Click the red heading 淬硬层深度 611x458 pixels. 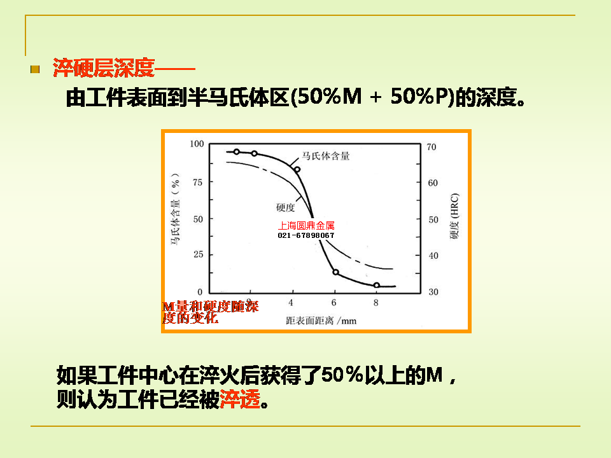(x=104, y=68)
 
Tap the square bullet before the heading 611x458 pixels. (x=35, y=69)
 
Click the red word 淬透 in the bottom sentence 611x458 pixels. (x=240, y=399)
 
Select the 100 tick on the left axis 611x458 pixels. (x=197, y=144)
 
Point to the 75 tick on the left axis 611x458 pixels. (x=197, y=183)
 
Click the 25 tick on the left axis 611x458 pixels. (x=199, y=254)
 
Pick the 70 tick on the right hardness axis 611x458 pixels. (x=432, y=147)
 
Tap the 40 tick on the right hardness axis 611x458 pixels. (x=433, y=256)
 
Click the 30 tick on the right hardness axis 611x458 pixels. (x=433, y=292)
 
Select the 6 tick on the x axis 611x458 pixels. (x=334, y=303)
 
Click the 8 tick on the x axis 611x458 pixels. (x=376, y=303)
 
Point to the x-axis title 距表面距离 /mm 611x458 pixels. (x=321, y=321)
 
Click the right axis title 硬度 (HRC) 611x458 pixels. (x=454, y=216)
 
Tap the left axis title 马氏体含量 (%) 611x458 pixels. (x=176, y=209)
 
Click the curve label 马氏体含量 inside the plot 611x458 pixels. (x=326, y=156)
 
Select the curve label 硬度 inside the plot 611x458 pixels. (x=285, y=207)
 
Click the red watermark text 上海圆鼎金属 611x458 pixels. (x=306, y=225)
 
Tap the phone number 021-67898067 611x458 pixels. (x=306, y=235)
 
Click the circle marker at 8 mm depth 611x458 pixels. (x=376, y=286)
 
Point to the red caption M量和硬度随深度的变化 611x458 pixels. (x=211, y=312)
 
